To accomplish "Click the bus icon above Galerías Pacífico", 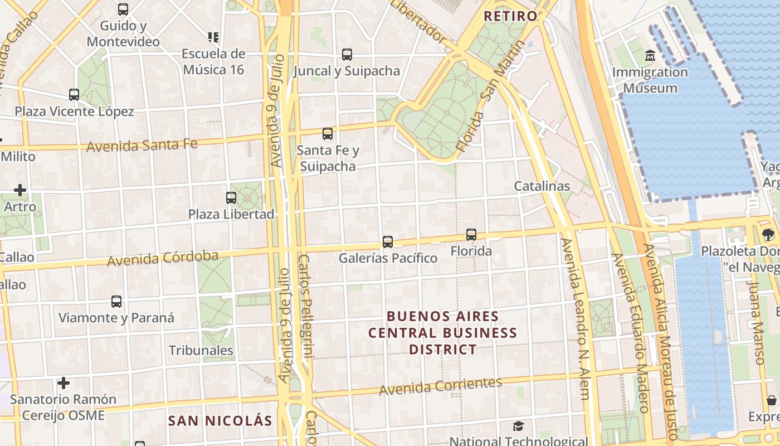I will [388, 242].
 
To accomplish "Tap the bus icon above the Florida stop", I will [471, 235].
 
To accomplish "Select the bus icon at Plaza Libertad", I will [231, 197].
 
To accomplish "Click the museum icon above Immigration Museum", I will [650, 56].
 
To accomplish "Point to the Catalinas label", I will [542, 186].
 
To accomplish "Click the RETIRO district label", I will [510, 16].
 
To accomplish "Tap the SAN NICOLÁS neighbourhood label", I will [221, 421].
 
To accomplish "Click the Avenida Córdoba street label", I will [163, 259].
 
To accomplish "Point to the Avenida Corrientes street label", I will [440, 386].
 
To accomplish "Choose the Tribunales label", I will [201, 351].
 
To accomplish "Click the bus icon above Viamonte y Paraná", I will [116, 302].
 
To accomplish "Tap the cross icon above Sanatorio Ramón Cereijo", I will [64, 383].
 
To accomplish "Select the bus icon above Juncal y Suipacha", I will [347, 55].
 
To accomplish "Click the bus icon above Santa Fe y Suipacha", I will [328, 134].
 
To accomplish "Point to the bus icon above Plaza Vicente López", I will [74, 95].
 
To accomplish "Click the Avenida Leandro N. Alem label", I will [575, 319].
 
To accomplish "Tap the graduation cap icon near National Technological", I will [518, 426].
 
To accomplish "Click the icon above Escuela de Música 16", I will [213, 37].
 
